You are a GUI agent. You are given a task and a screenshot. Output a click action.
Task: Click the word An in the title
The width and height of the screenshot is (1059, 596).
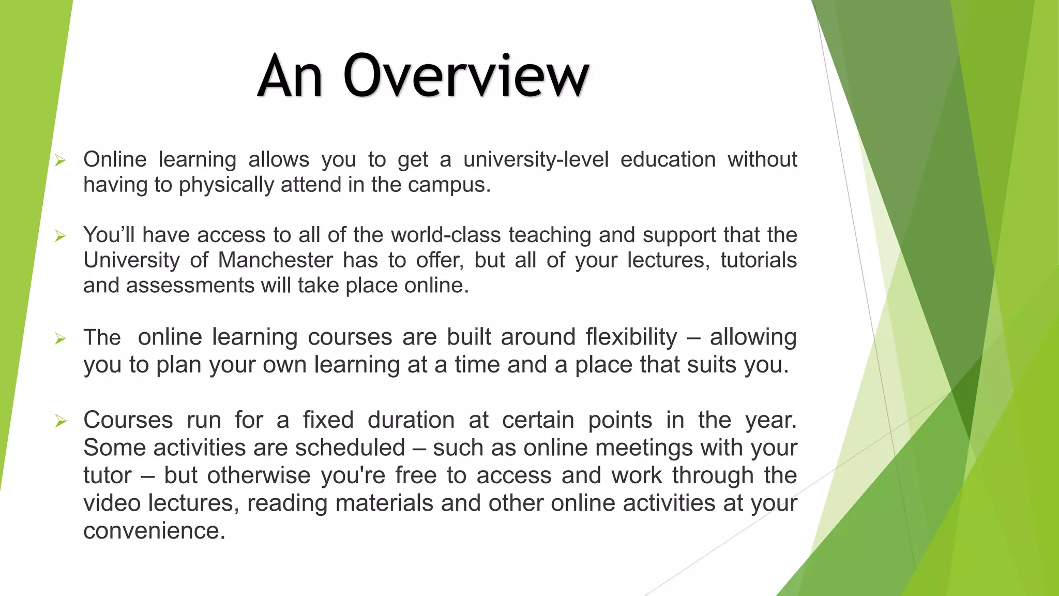click(291, 76)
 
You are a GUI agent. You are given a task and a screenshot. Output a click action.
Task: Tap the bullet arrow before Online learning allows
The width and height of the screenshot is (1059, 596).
click(60, 161)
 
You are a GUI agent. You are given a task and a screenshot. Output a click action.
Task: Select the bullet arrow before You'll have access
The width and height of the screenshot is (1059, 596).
click(60, 236)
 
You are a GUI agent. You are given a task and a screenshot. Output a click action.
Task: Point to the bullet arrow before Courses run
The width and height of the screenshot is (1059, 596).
click(60, 421)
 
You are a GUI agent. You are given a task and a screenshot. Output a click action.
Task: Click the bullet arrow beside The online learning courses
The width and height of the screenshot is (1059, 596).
click(60, 339)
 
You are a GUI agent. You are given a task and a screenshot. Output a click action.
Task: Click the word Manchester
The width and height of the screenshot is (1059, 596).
click(275, 260)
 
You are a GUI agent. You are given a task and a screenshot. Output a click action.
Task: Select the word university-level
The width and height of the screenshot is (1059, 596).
click(536, 159)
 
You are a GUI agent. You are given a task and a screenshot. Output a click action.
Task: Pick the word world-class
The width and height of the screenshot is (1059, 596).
click(446, 235)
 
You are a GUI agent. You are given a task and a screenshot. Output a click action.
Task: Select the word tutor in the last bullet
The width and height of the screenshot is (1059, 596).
click(108, 475)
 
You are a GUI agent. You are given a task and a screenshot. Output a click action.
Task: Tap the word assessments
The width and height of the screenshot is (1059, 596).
click(190, 285)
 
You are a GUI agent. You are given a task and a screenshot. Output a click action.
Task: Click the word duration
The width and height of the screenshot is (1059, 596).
click(411, 420)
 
